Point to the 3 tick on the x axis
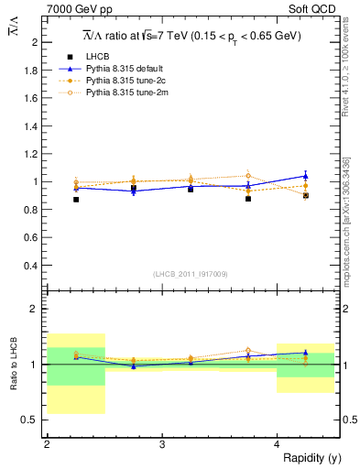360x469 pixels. click(x=162, y=444)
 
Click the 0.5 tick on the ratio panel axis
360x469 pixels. click(x=35, y=420)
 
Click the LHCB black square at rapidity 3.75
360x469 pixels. click(x=248, y=199)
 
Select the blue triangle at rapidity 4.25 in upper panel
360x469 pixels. click(x=306, y=175)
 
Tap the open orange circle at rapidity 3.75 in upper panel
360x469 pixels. click(x=248, y=176)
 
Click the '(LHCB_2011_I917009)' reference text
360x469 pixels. click(x=191, y=274)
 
